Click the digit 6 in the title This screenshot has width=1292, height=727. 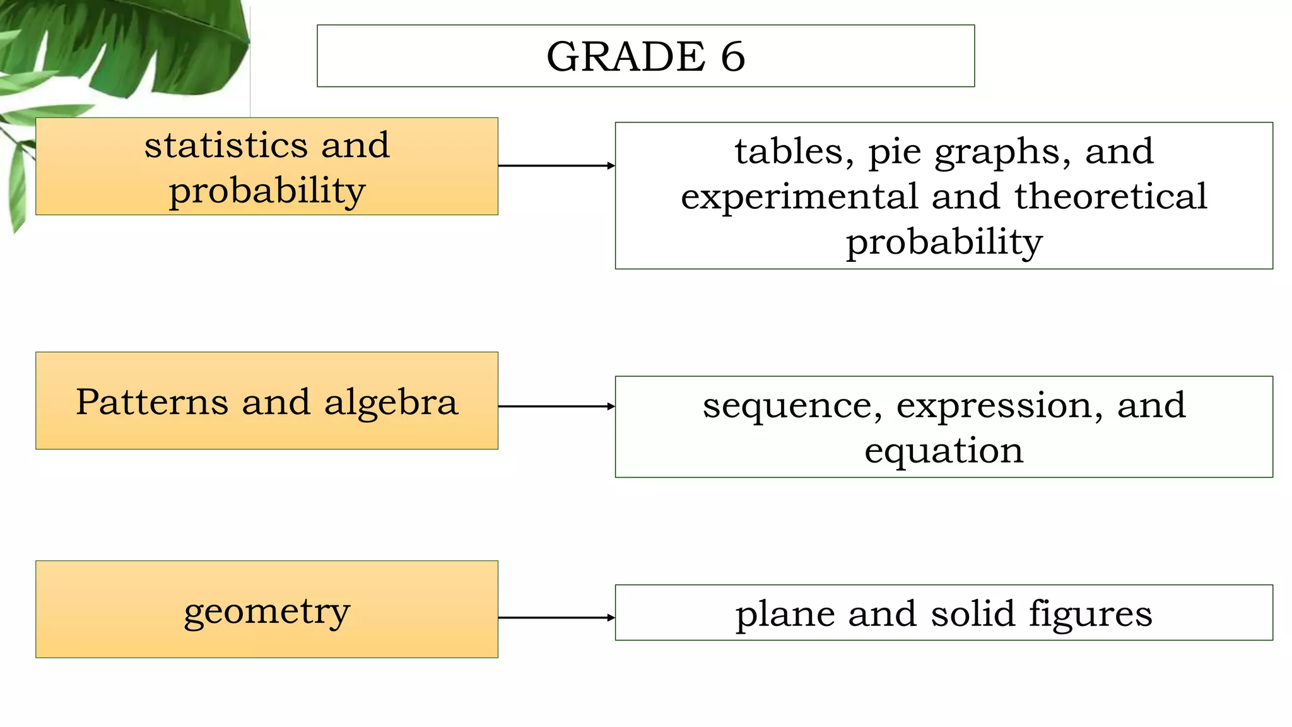coord(733,57)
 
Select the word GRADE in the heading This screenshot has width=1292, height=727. coord(625,57)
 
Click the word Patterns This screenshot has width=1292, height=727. coord(152,402)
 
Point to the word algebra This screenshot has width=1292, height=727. coord(391,402)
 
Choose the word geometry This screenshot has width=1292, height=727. coord(267,612)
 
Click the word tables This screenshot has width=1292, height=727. coord(794,152)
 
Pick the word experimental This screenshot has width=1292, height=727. coord(799,198)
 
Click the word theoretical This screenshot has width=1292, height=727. coord(1111,196)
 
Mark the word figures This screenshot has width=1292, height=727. coord(1090,615)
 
